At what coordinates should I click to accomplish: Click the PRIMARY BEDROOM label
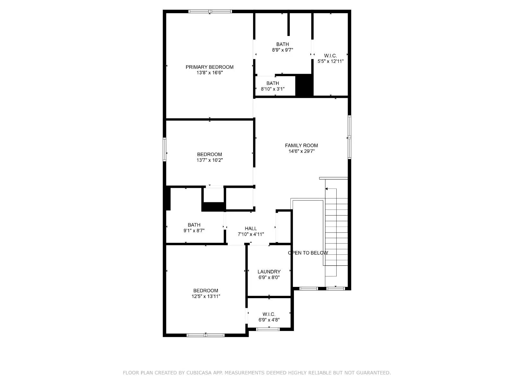tap(209, 67)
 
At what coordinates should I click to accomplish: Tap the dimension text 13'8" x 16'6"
tap(209, 73)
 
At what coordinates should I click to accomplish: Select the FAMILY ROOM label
tap(301, 145)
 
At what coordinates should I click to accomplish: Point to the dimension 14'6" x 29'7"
tap(301, 151)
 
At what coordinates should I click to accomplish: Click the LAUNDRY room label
tap(269, 271)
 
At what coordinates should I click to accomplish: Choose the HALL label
tap(251, 228)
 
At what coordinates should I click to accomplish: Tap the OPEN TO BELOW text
tap(308, 253)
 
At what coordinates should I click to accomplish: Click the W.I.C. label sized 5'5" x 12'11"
tap(330, 56)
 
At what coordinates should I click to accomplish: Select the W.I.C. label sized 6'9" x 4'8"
tap(269, 314)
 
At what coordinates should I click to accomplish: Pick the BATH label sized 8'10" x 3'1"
tap(272, 83)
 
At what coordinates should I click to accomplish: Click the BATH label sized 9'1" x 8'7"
tap(194, 225)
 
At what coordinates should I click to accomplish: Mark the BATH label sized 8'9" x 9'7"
tap(282, 44)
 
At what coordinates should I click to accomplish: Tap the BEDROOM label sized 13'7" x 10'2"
tap(209, 154)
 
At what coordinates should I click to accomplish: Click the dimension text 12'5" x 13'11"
tap(206, 297)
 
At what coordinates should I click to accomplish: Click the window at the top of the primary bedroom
tap(210, 12)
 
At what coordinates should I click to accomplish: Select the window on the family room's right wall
tap(349, 137)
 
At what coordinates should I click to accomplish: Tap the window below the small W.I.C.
tap(268, 329)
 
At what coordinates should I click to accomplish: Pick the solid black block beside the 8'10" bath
tap(304, 85)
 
